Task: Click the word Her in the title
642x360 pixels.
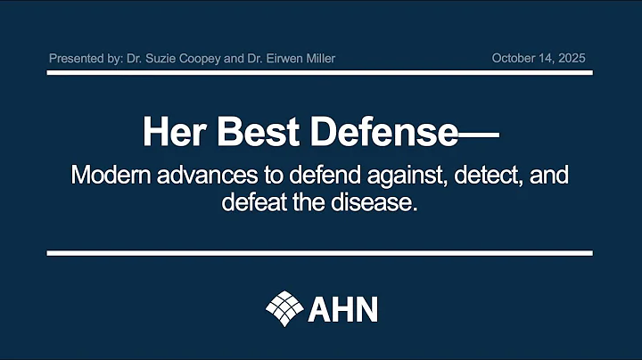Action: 172,132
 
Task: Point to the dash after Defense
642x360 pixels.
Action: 480,135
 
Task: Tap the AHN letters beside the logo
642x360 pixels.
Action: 343,308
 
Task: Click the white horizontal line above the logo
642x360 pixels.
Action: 320,254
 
